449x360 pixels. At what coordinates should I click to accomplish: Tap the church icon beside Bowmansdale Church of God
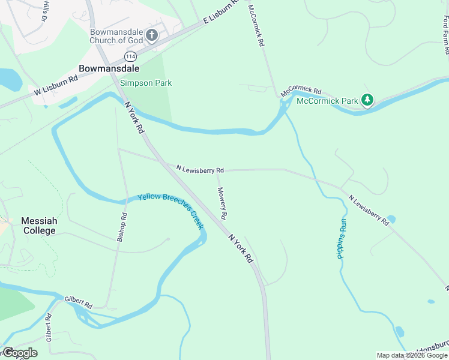[152, 35]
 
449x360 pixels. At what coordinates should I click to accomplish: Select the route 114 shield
[129, 56]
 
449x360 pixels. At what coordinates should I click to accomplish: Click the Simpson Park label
[146, 83]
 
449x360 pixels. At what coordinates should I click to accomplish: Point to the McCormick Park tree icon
[367, 101]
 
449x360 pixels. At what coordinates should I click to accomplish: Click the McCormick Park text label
[328, 101]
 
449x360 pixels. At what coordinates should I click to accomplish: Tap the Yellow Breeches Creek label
[171, 211]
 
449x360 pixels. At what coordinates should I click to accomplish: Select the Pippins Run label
[342, 239]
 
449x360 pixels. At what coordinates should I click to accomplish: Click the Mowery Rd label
[222, 202]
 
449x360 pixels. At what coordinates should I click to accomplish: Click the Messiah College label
[39, 226]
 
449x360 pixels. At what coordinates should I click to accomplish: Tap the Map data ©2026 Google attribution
[412, 355]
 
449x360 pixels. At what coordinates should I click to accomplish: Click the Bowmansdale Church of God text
[117, 36]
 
